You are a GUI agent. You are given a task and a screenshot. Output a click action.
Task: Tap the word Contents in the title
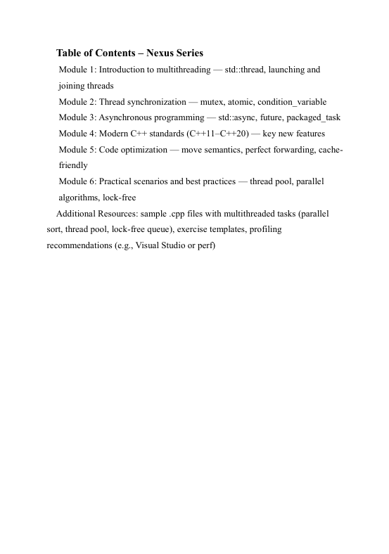(x=113, y=53)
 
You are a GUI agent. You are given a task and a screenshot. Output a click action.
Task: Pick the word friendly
(x=73, y=165)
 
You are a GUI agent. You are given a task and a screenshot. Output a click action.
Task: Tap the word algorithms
(x=79, y=198)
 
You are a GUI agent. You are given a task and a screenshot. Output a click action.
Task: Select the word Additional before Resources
(x=78, y=213)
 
